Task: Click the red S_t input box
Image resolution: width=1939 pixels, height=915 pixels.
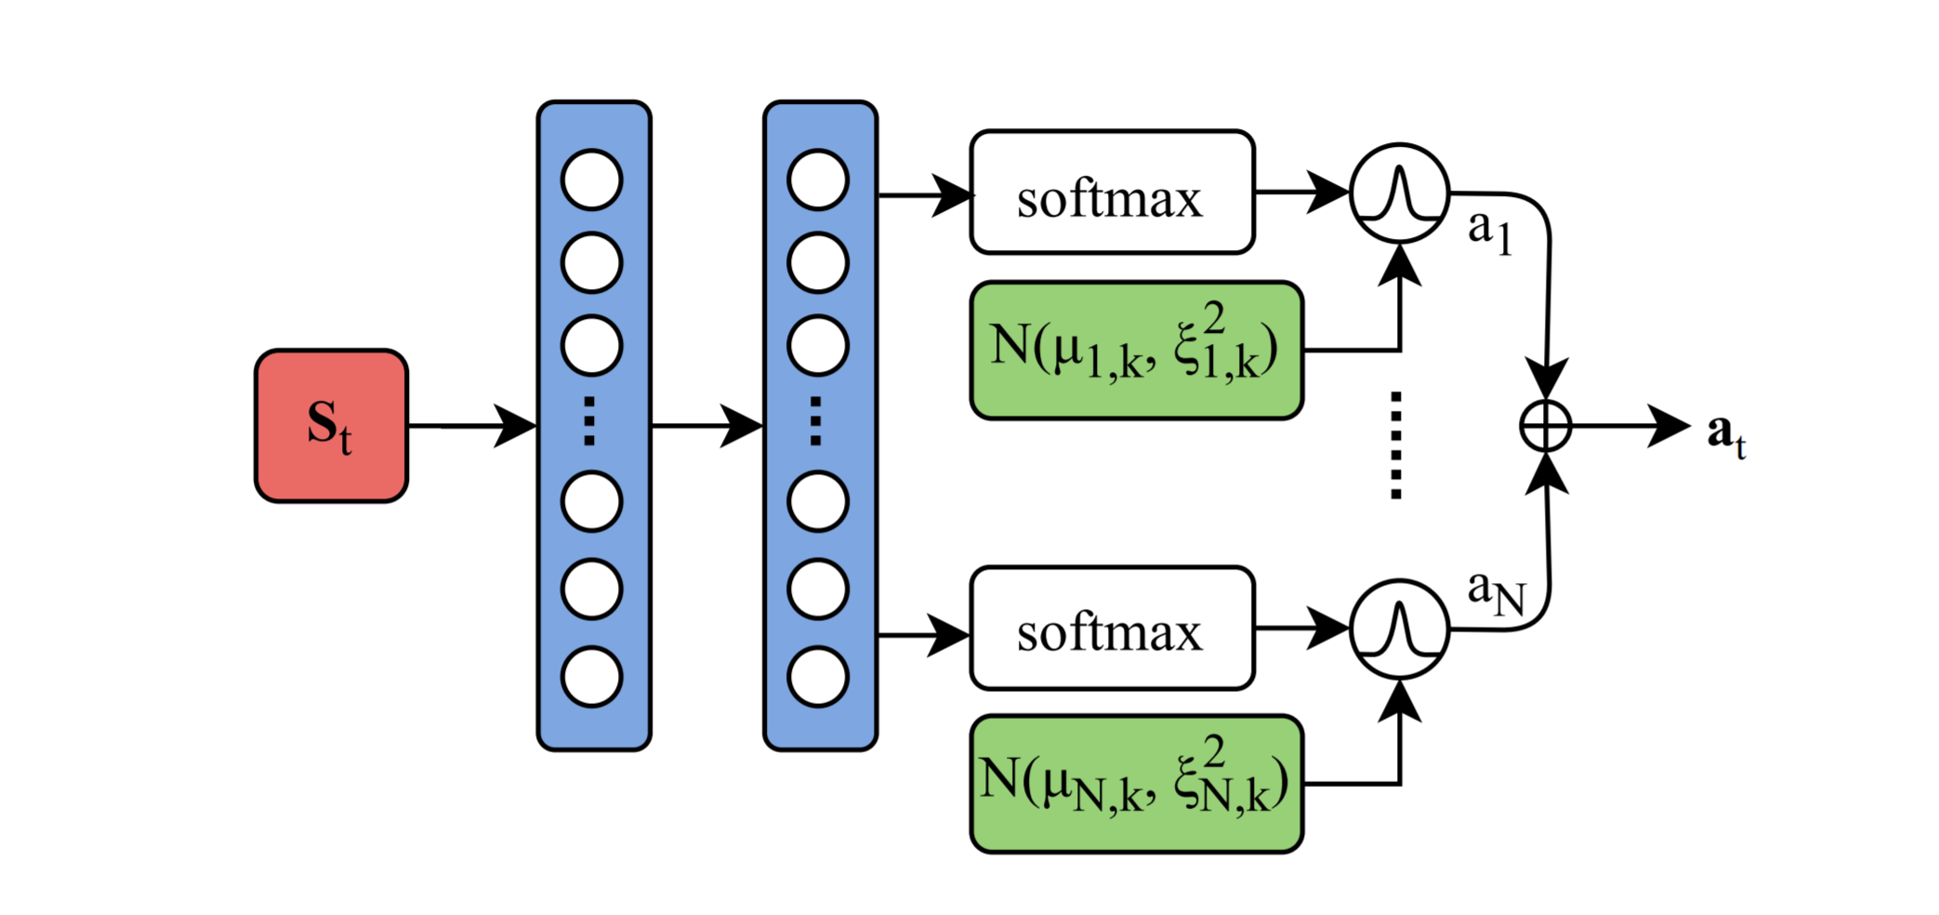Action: click(x=332, y=426)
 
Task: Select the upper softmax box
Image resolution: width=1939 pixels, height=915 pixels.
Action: click(x=1113, y=192)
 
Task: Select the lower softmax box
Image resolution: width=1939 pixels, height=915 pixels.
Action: click(x=1113, y=629)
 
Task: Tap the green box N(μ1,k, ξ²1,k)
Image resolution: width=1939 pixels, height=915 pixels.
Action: click(x=1137, y=351)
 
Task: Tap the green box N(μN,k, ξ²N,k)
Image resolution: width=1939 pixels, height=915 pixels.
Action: click(x=1137, y=784)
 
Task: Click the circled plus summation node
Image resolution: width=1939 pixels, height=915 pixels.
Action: click(x=1546, y=427)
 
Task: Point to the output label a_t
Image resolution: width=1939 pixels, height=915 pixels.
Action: click(x=1727, y=434)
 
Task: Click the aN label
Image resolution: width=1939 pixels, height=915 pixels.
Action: click(x=1497, y=592)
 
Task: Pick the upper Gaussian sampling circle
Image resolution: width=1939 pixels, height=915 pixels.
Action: click(x=1400, y=193)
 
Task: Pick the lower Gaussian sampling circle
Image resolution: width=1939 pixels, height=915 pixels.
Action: click(x=1400, y=629)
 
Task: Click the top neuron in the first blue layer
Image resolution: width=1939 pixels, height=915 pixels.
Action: click(x=592, y=179)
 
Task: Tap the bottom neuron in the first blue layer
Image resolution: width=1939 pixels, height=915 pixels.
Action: click(x=592, y=677)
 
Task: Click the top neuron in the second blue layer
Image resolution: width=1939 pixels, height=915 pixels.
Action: click(x=818, y=179)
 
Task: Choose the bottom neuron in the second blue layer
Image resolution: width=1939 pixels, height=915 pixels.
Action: click(x=818, y=677)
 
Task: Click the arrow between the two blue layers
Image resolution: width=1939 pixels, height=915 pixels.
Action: click(x=707, y=426)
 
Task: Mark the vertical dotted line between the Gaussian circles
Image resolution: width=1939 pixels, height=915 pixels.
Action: click(x=1396, y=445)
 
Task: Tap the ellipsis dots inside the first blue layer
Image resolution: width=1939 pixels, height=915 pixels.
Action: click(x=589, y=421)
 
